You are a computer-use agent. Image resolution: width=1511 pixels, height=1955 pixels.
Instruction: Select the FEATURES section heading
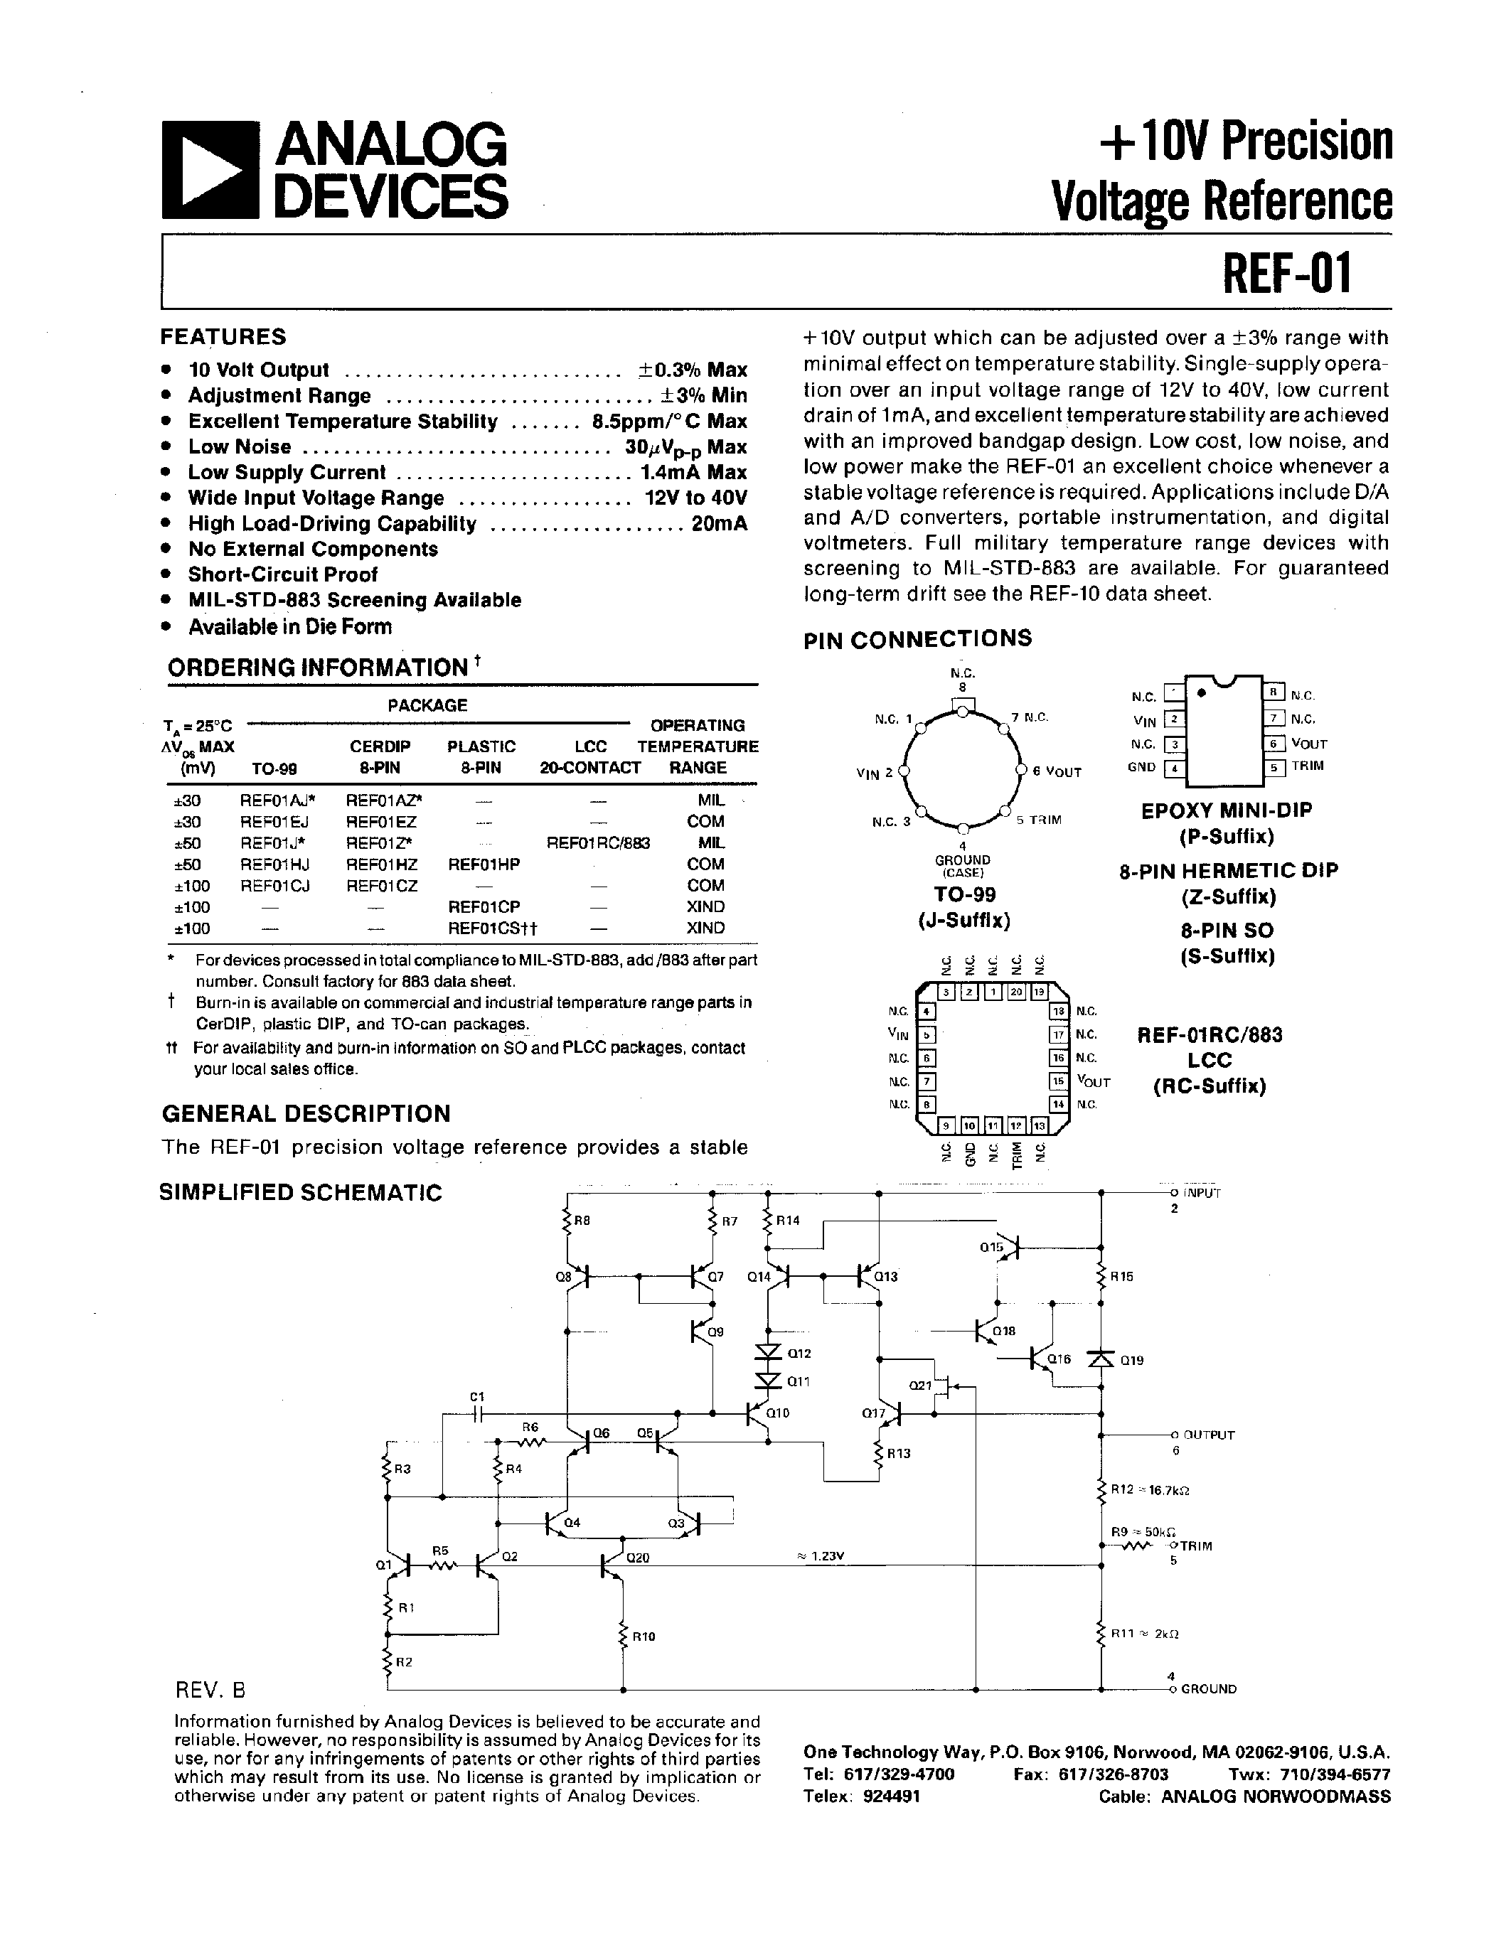point(223,338)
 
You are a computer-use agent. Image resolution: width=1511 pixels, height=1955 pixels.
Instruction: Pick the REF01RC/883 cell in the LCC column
point(598,843)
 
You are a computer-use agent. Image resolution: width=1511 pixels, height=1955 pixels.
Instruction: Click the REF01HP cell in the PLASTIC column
point(484,864)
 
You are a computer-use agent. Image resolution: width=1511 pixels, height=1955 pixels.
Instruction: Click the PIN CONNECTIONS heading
point(917,639)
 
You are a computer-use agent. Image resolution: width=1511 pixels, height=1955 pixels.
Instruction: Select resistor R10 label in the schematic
point(644,1637)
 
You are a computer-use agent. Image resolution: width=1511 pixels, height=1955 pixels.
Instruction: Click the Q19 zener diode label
point(1131,1361)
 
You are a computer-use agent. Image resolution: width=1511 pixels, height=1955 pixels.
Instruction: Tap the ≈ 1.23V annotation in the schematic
point(819,1557)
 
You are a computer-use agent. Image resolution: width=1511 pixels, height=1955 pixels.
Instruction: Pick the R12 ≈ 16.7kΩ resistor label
point(1149,1490)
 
